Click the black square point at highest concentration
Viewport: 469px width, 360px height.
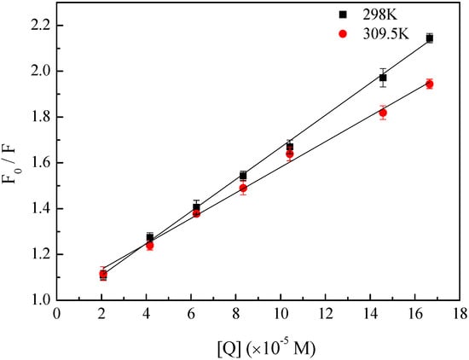point(429,38)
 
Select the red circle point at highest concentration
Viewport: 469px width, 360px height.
point(429,84)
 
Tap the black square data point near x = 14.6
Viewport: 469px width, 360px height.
point(383,78)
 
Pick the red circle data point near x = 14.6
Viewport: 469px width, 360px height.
point(383,113)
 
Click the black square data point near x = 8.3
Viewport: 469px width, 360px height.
point(243,176)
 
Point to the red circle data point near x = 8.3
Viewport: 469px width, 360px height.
point(243,188)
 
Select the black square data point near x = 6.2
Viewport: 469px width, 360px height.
point(196,207)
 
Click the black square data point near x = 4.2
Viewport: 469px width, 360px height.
point(150,237)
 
